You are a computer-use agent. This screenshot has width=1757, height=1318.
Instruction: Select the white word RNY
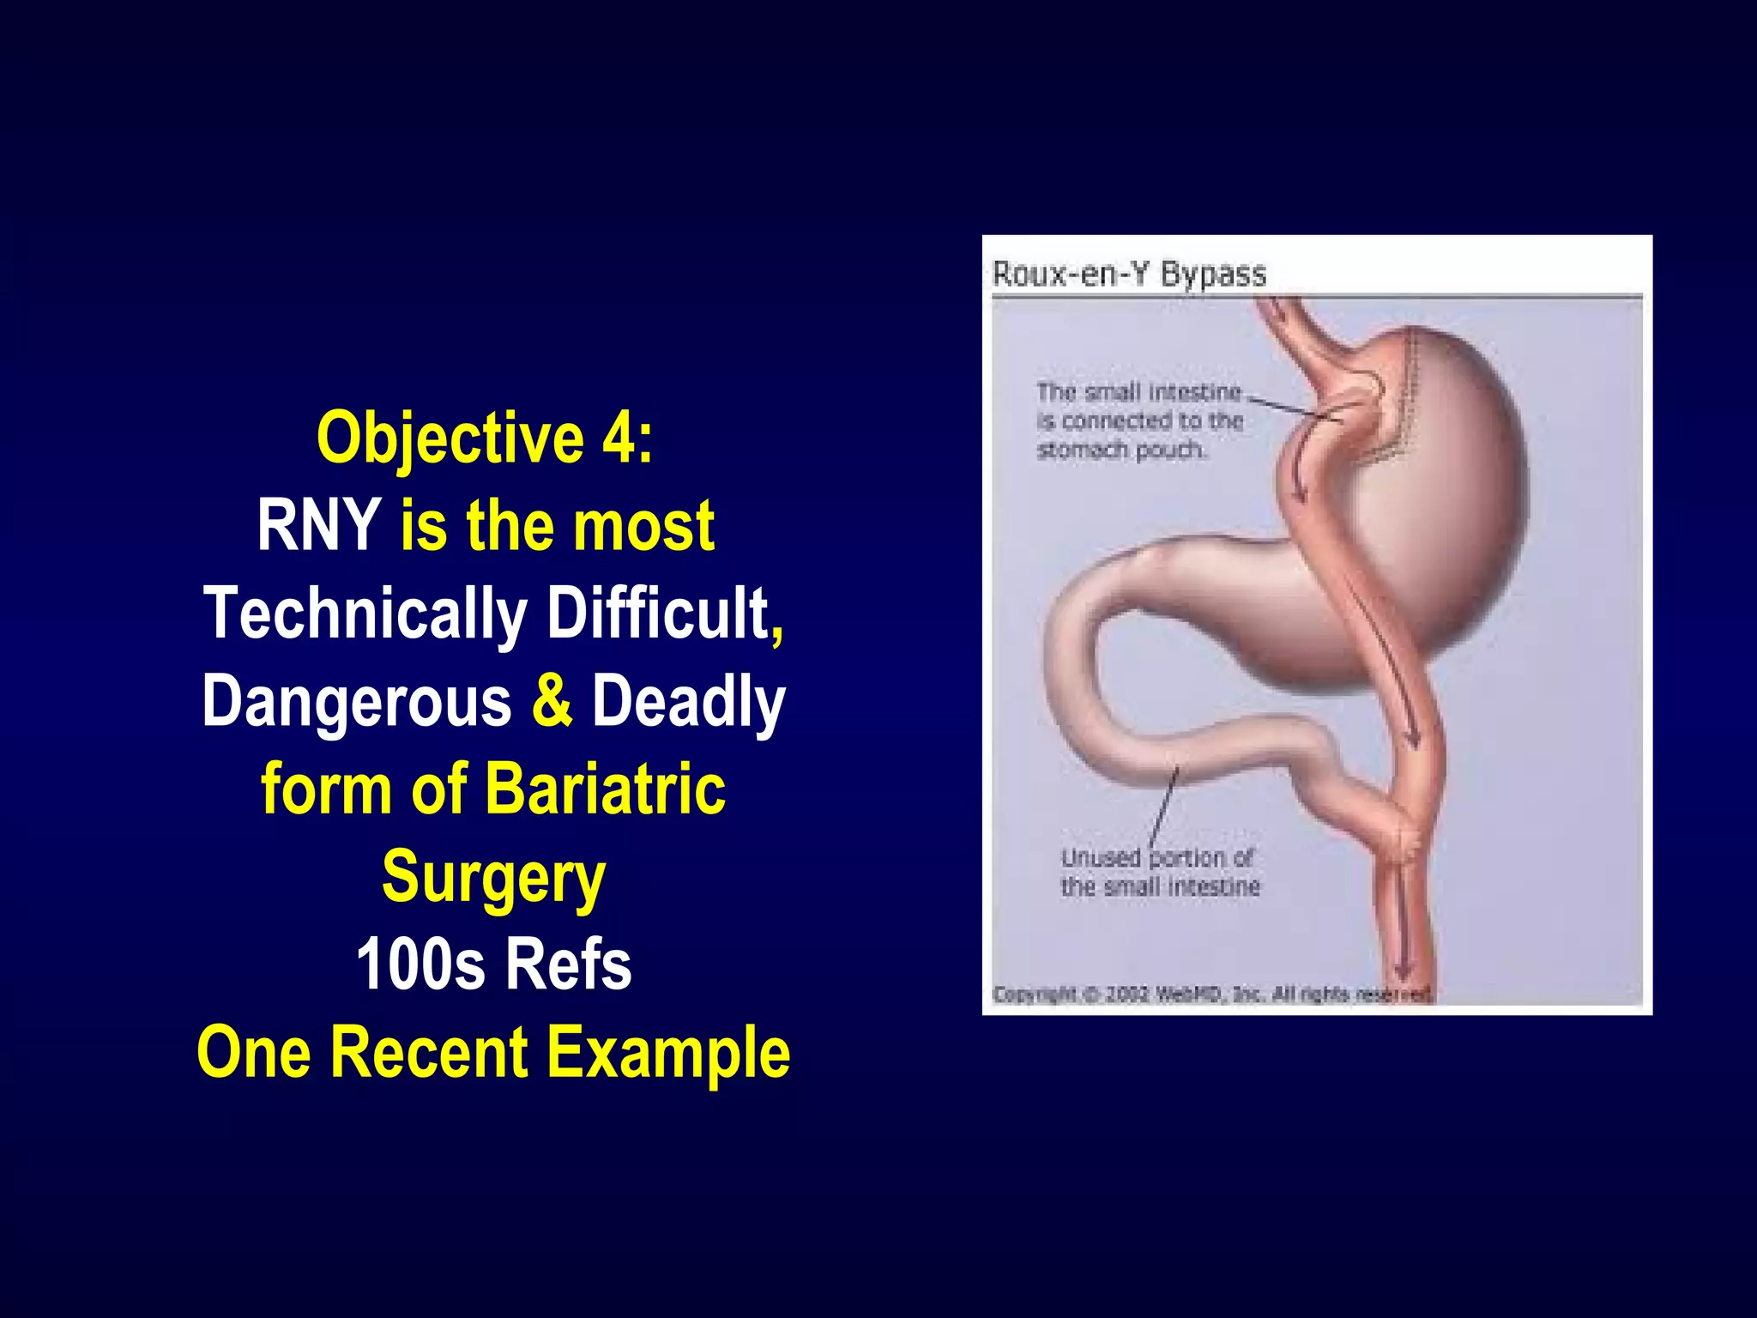pos(319,525)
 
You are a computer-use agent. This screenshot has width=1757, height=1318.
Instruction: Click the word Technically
pos(365,613)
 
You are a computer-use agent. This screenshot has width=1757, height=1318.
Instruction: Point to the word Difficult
pos(659,613)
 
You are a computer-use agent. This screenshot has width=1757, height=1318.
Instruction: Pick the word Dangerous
pos(357,700)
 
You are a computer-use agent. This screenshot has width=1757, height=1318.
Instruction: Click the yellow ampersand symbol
pos(552,700)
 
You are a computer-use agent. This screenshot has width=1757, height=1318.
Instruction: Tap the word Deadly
pos(688,700)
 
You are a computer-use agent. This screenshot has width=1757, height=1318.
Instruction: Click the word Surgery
pos(494,877)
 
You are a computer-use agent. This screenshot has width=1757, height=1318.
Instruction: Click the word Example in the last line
pos(669,1053)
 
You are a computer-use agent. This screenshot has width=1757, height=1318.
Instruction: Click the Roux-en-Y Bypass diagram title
pos(1129,275)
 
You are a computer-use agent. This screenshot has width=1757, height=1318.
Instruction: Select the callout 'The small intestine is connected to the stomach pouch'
pos(1139,420)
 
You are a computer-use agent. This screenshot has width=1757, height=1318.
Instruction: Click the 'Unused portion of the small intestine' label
pos(1160,872)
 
